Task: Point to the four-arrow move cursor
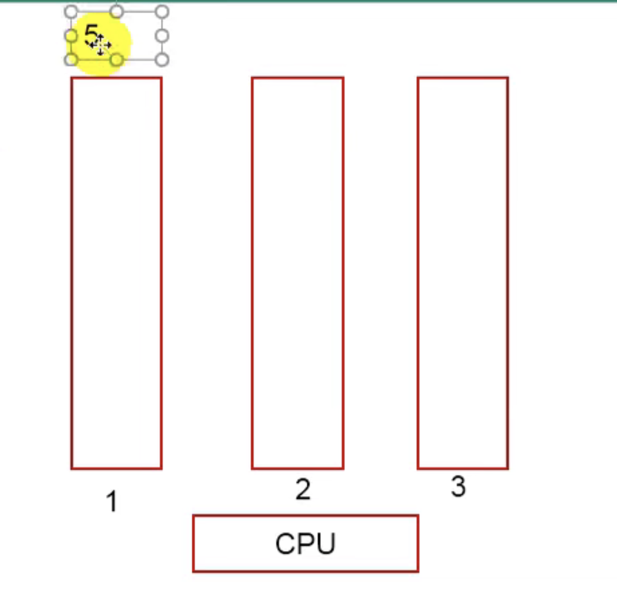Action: pyautogui.click(x=101, y=45)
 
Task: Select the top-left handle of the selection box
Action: pyautogui.click(x=71, y=12)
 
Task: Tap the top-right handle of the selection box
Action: pyautogui.click(x=162, y=12)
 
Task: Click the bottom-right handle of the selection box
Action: pyautogui.click(x=162, y=60)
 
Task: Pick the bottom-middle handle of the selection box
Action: pyautogui.click(x=117, y=60)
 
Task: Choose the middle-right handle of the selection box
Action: pyautogui.click(x=162, y=36)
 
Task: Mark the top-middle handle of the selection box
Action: pyautogui.click(x=117, y=11)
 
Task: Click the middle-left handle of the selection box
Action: pyautogui.click(x=71, y=36)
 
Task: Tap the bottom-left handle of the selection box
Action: pyautogui.click(x=71, y=60)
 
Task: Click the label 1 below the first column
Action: pyautogui.click(x=111, y=503)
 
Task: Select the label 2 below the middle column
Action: pyautogui.click(x=303, y=490)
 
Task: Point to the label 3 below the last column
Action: pyautogui.click(x=458, y=487)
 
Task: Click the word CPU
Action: pyautogui.click(x=305, y=544)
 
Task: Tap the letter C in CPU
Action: pyautogui.click(x=285, y=544)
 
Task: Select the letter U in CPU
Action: pyautogui.click(x=326, y=544)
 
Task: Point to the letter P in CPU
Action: pyautogui.click(x=306, y=544)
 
